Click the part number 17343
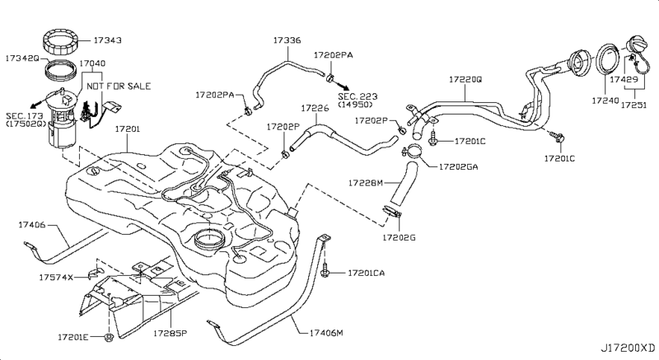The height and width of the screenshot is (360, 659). (x=107, y=40)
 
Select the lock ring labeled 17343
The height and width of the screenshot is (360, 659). (x=61, y=41)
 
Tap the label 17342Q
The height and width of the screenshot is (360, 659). (x=22, y=58)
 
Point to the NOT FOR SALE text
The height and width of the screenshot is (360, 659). (x=119, y=86)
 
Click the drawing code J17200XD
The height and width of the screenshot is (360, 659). (x=628, y=348)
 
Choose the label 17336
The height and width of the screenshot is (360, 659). (x=287, y=40)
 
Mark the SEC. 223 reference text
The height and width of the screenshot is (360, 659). (x=358, y=96)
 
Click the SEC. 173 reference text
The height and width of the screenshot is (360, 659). (x=25, y=116)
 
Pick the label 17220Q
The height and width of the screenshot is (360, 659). (x=465, y=79)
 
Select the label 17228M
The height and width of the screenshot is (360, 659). (x=366, y=183)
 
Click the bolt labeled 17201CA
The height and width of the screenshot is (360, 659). (x=325, y=269)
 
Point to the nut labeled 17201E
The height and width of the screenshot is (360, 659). (x=109, y=337)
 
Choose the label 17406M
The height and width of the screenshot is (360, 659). (x=326, y=333)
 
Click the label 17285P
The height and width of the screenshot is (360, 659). (x=170, y=334)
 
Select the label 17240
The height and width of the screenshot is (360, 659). (x=605, y=101)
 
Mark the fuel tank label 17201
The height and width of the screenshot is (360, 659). (x=128, y=129)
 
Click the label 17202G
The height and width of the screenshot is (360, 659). (x=399, y=238)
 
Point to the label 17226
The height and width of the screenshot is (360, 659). (x=315, y=109)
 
